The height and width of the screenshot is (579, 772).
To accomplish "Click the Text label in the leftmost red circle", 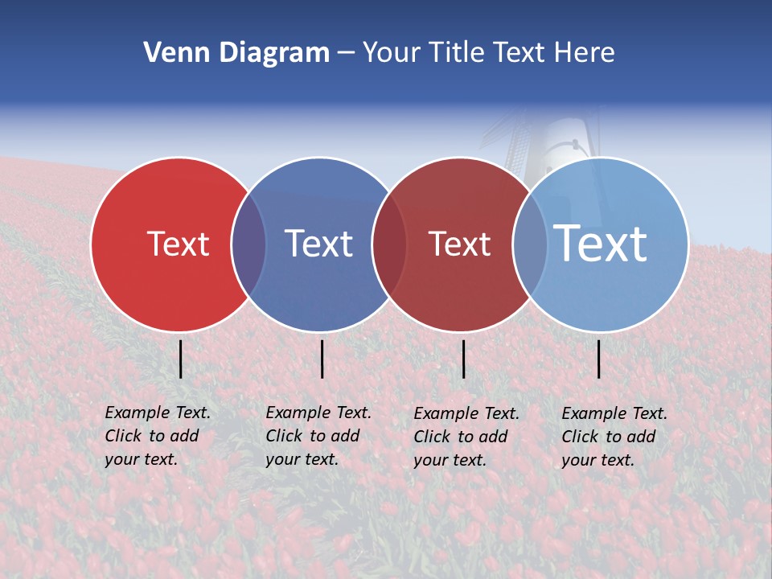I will pos(178,244).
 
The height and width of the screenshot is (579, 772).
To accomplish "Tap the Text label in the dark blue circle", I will pos(318,244).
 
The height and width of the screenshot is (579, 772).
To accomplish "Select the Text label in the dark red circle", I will pos(459,244).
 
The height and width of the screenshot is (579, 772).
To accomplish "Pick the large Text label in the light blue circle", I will pos(600,243).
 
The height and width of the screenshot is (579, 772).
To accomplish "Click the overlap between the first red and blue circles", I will pos(248,244).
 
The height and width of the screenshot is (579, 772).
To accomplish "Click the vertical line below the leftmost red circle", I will pos(181,359).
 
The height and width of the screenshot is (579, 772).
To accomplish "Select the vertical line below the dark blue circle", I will pos(322,359).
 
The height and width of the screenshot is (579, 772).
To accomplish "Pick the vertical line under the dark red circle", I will pos(463,359).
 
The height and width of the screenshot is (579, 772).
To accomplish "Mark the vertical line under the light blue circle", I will pos(599,359).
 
